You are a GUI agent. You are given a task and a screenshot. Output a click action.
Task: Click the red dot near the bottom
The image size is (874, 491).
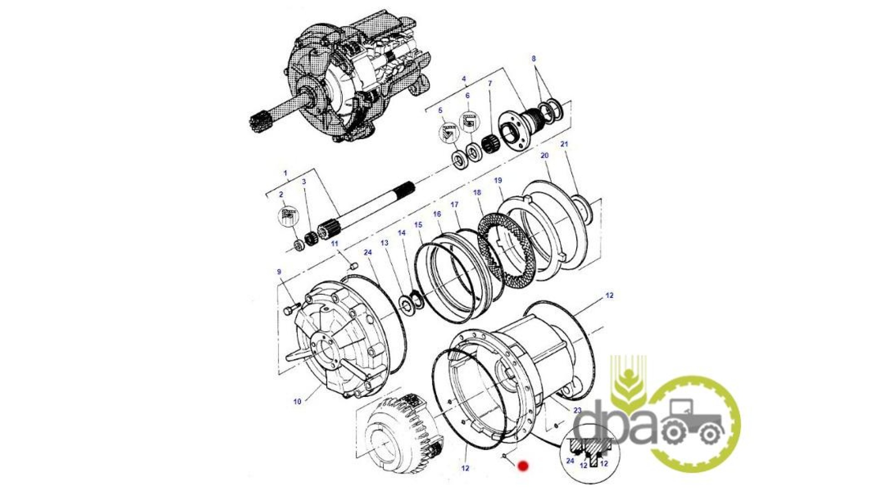[523, 466]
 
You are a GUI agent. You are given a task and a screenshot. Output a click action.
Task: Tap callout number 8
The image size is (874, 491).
[534, 59]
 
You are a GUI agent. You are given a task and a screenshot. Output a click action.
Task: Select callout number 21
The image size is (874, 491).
[564, 144]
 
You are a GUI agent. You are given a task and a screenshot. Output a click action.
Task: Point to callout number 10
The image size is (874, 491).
[297, 401]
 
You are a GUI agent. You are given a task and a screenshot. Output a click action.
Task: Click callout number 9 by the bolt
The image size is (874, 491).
[279, 272]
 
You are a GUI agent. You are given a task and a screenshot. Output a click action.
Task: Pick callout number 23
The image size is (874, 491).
[578, 410]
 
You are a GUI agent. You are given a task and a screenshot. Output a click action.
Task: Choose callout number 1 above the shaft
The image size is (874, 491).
[285, 173]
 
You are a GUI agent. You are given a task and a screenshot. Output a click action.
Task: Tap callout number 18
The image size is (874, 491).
[477, 193]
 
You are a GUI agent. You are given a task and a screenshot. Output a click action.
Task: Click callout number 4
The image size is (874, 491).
[464, 79]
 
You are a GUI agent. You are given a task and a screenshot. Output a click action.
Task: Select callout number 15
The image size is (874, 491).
[418, 225]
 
